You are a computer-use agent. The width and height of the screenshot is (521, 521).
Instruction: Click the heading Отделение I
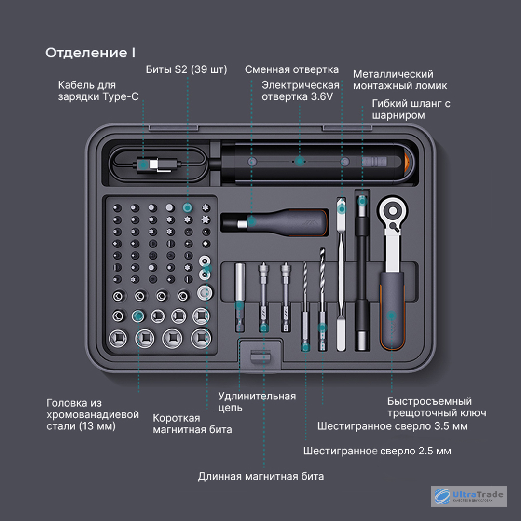click(x=90, y=53)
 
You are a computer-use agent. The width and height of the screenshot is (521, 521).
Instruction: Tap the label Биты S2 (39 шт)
click(x=186, y=69)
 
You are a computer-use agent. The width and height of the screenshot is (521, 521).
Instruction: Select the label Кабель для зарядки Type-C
click(x=98, y=91)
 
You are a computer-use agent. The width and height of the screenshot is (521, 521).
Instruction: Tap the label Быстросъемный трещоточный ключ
click(x=436, y=407)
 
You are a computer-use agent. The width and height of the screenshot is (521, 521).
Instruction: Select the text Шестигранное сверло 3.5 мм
click(x=392, y=426)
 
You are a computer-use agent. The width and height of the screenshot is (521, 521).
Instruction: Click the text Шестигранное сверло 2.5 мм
click(x=377, y=451)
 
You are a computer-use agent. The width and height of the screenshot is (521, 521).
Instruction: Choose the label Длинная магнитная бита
click(x=260, y=477)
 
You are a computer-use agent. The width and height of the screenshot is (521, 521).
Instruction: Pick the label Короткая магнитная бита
click(x=192, y=424)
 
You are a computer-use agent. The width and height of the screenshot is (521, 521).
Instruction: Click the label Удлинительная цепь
click(x=257, y=402)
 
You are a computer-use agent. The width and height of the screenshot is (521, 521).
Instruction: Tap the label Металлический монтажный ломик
click(x=400, y=80)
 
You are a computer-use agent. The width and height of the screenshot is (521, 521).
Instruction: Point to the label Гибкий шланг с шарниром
click(x=411, y=110)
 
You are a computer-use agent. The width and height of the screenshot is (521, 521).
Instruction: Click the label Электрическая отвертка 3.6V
click(x=301, y=91)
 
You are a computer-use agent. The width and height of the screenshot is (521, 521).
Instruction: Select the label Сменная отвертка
click(x=291, y=69)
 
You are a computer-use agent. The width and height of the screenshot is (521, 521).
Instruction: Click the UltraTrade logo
click(x=468, y=496)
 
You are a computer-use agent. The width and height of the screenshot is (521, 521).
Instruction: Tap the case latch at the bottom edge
click(x=260, y=357)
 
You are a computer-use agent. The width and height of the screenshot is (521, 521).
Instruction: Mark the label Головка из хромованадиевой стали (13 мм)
click(x=93, y=414)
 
